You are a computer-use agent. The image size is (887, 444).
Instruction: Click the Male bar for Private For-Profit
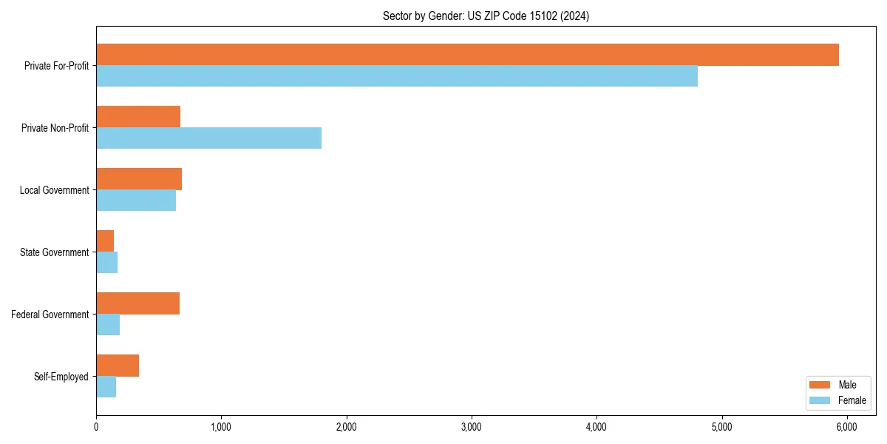point(467,55)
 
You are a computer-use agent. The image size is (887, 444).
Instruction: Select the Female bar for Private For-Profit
point(397,76)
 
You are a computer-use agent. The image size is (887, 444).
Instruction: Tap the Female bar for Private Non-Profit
point(208,138)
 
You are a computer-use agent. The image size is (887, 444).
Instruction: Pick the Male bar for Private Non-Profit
point(138,117)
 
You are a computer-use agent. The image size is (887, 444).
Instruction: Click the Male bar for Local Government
point(139,179)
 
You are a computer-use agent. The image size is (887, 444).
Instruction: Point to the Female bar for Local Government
point(136,201)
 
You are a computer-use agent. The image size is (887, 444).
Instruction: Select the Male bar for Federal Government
point(137,303)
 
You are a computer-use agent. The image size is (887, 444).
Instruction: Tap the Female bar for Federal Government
point(108,325)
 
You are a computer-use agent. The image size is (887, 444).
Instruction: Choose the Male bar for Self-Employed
point(118,366)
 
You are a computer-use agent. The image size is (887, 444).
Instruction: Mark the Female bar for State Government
point(106,263)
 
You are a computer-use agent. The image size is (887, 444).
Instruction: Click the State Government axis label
point(54,252)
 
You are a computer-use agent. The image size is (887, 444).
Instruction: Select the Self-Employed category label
point(61,377)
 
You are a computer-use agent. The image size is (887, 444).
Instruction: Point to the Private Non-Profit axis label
point(55,128)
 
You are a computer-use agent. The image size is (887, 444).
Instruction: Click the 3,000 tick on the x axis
point(471,427)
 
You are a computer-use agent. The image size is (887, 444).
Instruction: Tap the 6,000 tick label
point(846,427)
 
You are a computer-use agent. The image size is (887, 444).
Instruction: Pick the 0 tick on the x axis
point(96,427)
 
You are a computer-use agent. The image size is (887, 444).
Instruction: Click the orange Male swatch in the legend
point(820,385)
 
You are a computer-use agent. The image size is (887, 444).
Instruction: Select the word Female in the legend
point(852,400)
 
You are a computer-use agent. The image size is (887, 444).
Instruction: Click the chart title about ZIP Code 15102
point(486,16)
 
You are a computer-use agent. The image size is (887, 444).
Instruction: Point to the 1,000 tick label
point(221,427)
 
